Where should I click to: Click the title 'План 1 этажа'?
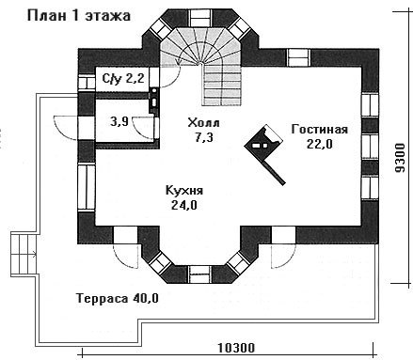pyautogui.click(x=79, y=15)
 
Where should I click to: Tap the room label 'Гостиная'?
pyautogui.click(x=320, y=129)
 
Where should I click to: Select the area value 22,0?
pyautogui.click(x=320, y=144)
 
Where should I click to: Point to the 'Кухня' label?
pyautogui.click(x=184, y=191)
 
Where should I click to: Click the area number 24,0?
pyautogui.click(x=184, y=205)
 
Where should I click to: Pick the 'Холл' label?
pyautogui.click(x=204, y=122)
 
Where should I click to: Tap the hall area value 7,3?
pyautogui.click(x=204, y=137)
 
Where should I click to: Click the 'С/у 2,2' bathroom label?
pyautogui.click(x=123, y=78)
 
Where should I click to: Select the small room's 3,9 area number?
pyautogui.click(x=119, y=121)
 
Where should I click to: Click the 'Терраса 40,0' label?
pyautogui.click(x=118, y=298)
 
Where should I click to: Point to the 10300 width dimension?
pyautogui.click(x=236, y=348)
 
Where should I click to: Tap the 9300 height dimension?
pyautogui.click(x=400, y=158)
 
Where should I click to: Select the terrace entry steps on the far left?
pyautogui.click(x=24, y=254)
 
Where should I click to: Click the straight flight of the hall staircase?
pyautogui.click(x=223, y=85)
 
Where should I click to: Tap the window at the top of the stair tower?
pyautogui.click(x=201, y=19)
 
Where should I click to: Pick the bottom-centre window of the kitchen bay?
pyautogui.click(x=200, y=274)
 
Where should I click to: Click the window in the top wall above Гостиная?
pyautogui.click(x=299, y=57)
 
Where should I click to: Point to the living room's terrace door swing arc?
pyautogui.click(x=283, y=256)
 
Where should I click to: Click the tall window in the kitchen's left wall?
pyautogui.click(x=87, y=187)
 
